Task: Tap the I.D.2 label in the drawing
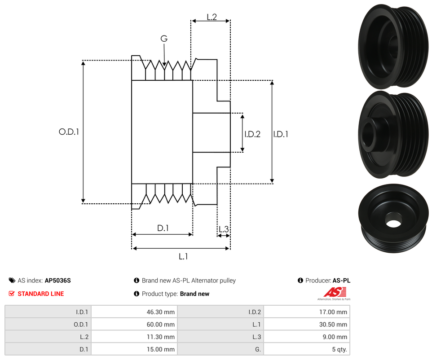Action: click(x=252, y=134)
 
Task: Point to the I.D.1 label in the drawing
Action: click(x=281, y=134)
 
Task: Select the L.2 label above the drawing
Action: click(x=212, y=17)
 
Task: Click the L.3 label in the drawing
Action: click(x=223, y=229)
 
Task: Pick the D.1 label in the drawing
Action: click(x=163, y=228)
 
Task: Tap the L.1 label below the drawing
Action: click(x=183, y=257)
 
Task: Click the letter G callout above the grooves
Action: click(x=164, y=39)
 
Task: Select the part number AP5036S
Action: click(x=57, y=281)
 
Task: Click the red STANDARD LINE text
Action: click(x=40, y=294)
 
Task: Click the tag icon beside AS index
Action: click(x=12, y=281)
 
